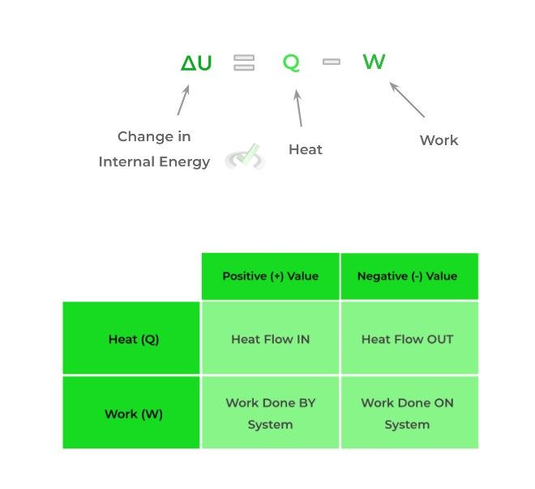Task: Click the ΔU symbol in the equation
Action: [196, 63]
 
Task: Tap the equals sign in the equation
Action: [244, 62]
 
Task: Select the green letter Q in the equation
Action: [291, 62]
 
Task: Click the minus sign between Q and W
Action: [331, 61]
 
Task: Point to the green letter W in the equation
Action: [374, 62]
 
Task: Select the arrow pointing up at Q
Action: [298, 108]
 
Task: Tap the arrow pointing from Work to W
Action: [407, 99]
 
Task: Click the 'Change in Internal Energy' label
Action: [154, 148]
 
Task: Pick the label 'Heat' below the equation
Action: [306, 149]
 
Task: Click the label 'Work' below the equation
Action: [439, 140]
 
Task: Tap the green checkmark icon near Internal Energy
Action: [246, 156]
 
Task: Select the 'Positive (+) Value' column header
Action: [270, 276]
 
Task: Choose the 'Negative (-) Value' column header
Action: [408, 276]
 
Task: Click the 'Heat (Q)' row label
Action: [134, 339]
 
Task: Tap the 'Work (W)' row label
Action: [134, 414]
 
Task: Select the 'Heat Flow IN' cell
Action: [270, 339]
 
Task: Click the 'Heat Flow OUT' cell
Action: [408, 339]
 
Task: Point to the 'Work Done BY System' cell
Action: [270, 414]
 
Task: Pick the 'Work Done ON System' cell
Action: [408, 414]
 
